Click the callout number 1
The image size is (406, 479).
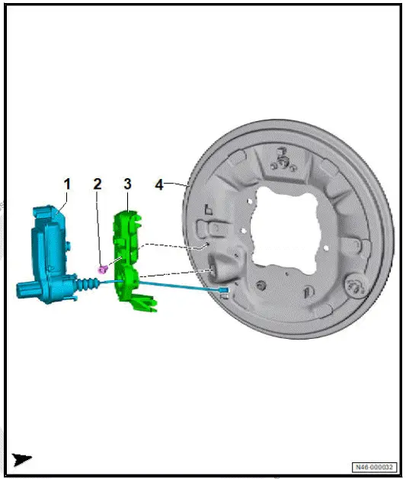(67, 184)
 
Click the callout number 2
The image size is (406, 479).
(98, 184)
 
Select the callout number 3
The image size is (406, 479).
(127, 184)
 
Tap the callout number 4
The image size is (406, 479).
(159, 184)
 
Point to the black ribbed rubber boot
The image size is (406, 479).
(88, 284)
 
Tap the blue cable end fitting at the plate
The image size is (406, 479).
(222, 291)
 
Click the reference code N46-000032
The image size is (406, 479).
(373, 466)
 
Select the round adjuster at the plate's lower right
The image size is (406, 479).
(353, 285)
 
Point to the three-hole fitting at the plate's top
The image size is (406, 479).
(283, 161)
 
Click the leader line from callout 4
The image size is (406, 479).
(177, 184)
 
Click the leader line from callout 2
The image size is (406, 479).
(99, 228)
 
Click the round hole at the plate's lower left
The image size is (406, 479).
(261, 285)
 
